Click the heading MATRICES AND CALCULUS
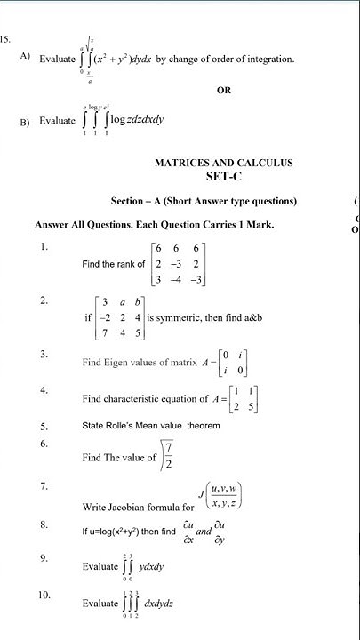pyautogui.click(x=223, y=163)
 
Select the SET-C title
pyautogui.click(x=224, y=177)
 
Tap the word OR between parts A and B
pyautogui.click(x=224, y=90)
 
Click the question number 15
pyautogui.click(x=5, y=39)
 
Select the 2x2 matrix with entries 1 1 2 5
pyautogui.click(x=231, y=396)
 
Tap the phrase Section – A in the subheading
pyautogui.click(x=134, y=201)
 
